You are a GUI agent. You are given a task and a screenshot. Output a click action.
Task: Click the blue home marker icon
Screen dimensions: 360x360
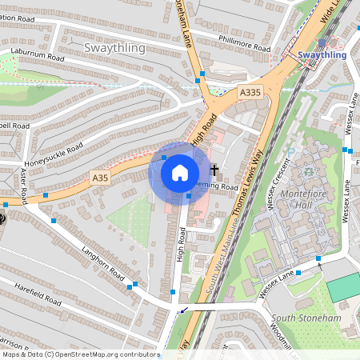coord(180,172)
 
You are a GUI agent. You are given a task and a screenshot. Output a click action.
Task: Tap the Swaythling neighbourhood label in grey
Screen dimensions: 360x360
coord(114,48)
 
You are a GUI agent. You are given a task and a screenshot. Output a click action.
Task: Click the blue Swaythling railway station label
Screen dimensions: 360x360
coord(322,55)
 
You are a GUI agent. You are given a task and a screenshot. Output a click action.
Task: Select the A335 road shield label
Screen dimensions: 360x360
coord(250,94)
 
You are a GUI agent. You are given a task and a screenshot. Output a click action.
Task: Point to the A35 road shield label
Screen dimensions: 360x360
coord(99,177)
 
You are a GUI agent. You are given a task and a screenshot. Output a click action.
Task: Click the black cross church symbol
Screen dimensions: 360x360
coord(214,170)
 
